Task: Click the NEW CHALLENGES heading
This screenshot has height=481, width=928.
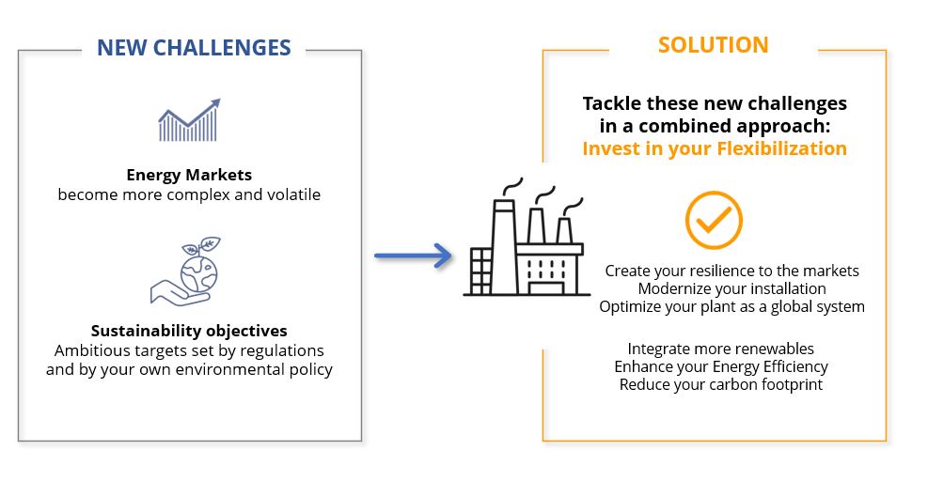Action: (x=194, y=47)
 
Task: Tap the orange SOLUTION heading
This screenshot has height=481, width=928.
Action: (x=714, y=45)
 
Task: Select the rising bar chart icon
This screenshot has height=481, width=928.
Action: (x=189, y=120)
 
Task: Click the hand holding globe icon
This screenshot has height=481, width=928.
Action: (x=185, y=272)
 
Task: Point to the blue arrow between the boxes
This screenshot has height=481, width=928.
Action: (x=413, y=256)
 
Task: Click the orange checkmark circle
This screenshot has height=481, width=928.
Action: (x=714, y=220)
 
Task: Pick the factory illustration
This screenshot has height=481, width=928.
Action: (x=527, y=237)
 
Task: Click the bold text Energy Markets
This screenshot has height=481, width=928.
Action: (x=189, y=175)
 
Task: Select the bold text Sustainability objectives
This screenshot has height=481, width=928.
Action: (x=189, y=330)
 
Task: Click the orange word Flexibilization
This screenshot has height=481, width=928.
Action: (x=782, y=147)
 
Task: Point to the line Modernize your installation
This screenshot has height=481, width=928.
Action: (x=732, y=288)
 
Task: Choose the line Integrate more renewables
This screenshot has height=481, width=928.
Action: (x=721, y=349)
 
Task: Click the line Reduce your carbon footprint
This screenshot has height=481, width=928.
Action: (x=721, y=384)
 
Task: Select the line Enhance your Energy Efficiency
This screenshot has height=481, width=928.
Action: (x=721, y=366)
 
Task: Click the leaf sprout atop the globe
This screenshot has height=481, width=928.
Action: (x=203, y=245)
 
